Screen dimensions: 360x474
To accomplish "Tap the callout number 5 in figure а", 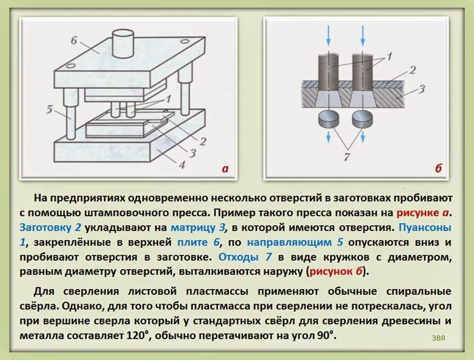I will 49,109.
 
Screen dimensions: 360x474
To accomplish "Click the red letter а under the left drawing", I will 224,168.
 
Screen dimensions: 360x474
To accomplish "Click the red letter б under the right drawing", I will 438,168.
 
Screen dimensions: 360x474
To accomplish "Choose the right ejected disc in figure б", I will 363,117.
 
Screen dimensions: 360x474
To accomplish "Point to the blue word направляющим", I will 289,241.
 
